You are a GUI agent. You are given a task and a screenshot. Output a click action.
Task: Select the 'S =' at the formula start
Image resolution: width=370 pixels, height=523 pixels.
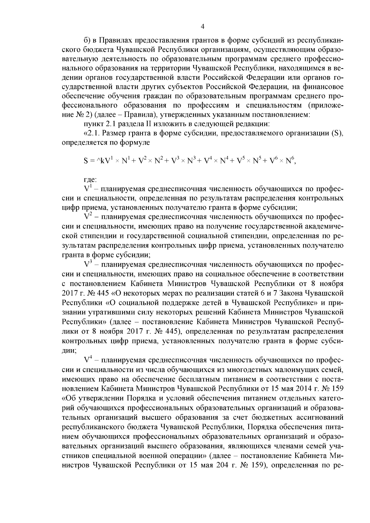coord(89,161)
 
